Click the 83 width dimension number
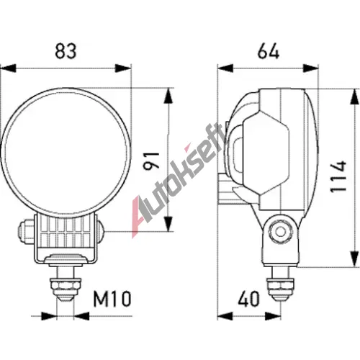coord(66,51)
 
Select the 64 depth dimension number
coord(269,51)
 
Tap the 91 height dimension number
coord(151,161)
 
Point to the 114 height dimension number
coord(338,176)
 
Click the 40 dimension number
coord(249,299)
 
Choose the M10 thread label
coord(112,299)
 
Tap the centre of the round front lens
coord(66,153)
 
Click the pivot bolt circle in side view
coord(280,232)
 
